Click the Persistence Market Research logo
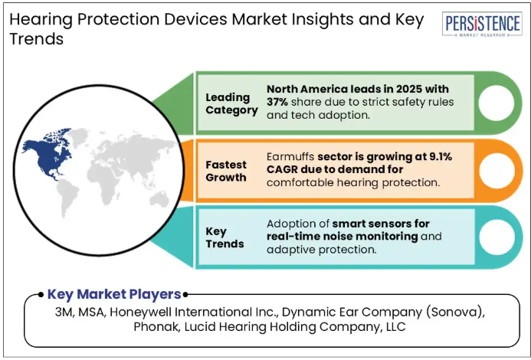(482, 25)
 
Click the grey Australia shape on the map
(159, 199)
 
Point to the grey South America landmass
(67, 197)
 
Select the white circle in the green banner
(496, 103)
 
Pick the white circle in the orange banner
(497, 171)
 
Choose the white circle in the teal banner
(497, 237)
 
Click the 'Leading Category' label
(231, 103)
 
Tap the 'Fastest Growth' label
(226, 171)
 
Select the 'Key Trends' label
(225, 237)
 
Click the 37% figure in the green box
(277, 102)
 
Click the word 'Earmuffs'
(290, 156)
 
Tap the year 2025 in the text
(409, 89)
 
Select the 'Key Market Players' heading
(114, 294)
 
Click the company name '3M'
(64, 312)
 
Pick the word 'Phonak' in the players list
(156, 327)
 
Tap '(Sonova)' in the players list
(455, 312)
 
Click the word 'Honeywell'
(141, 313)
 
